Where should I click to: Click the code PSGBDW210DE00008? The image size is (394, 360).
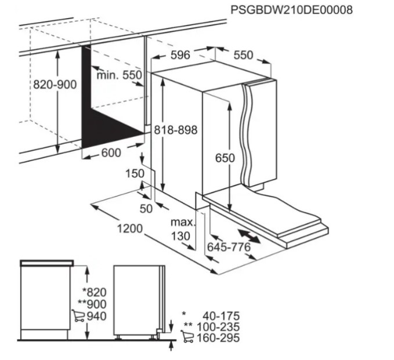291,10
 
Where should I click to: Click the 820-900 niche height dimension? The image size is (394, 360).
55,85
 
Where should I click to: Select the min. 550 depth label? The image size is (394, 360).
119,75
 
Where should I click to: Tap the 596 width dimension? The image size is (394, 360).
180,55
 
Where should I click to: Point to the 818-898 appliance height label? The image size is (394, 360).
176,130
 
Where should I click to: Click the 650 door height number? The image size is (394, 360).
225,158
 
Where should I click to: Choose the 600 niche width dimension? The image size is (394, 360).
111,152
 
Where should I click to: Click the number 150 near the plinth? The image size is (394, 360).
135,173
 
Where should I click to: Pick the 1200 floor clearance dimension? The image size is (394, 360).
130,228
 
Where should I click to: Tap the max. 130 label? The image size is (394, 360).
182,229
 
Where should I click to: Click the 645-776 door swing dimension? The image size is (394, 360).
229,248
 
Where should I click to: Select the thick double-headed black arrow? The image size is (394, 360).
249,236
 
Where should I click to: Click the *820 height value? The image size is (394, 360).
95,292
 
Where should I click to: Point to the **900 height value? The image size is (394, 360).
92,304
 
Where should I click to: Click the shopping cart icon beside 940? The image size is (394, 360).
78,315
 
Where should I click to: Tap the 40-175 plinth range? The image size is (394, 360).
221,316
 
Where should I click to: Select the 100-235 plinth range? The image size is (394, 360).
218,327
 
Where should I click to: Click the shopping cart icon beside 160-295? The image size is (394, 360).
187,336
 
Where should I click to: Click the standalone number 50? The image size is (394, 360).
146,208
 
